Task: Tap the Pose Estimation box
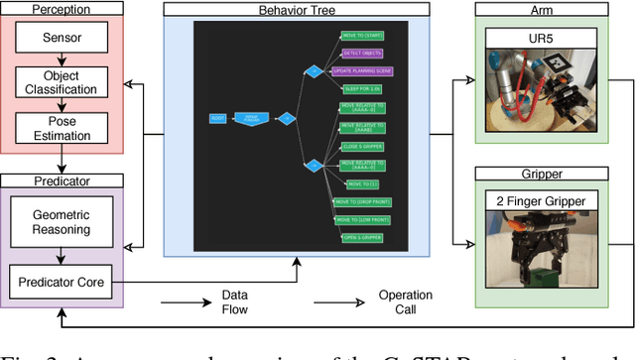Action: click(x=63, y=127)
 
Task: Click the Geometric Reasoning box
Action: click(x=63, y=222)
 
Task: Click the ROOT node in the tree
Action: click(x=217, y=119)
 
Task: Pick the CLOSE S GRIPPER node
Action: click(x=362, y=144)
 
